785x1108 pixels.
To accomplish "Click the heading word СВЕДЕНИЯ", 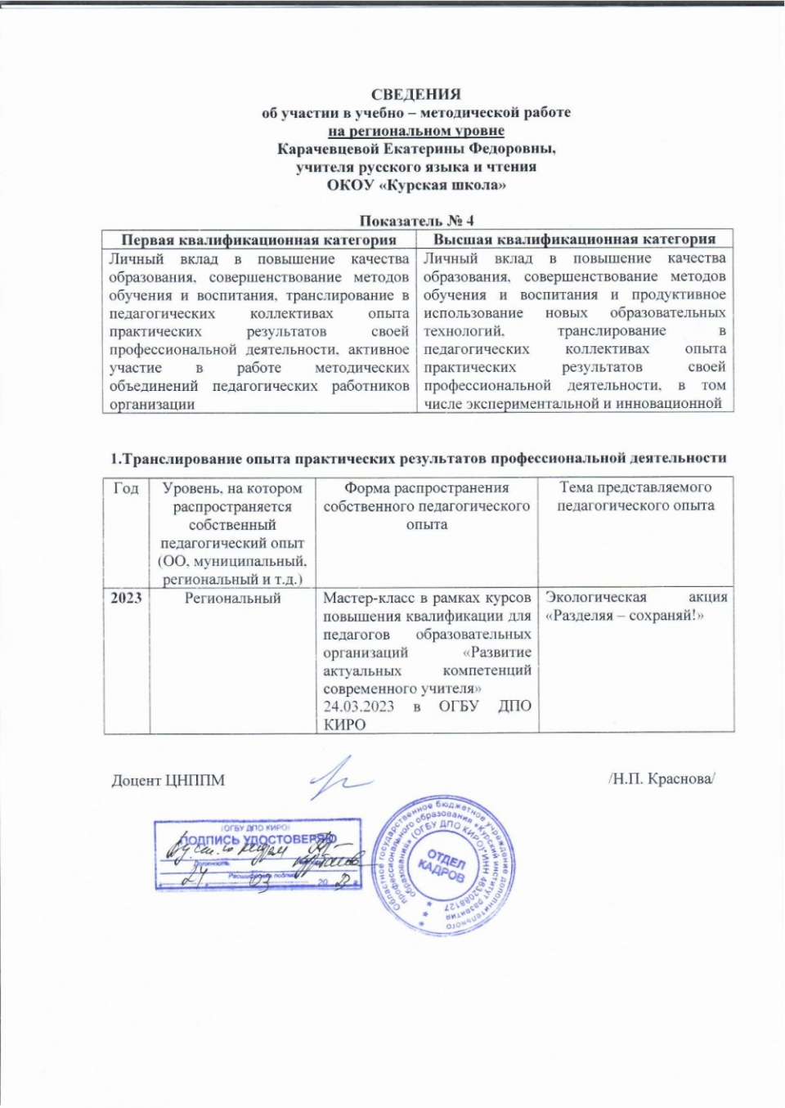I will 416,94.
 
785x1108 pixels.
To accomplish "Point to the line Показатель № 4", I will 416,221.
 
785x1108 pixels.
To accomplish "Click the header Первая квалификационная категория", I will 258,240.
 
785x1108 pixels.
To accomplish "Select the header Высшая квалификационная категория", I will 574,240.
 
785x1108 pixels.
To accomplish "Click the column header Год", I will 126,488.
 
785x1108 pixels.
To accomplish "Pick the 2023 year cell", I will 126,598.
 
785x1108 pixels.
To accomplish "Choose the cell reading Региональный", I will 232,599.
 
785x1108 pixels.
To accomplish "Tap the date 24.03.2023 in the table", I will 358,707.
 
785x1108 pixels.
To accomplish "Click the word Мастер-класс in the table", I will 361,598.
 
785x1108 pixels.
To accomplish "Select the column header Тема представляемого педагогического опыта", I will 635,496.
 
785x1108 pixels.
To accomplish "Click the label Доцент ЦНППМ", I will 168,780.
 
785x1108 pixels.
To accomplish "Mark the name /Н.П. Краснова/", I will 662,779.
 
